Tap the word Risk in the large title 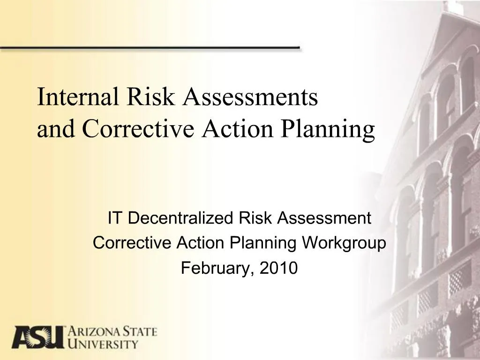[x=146, y=97]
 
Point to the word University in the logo [x=104, y=345]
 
